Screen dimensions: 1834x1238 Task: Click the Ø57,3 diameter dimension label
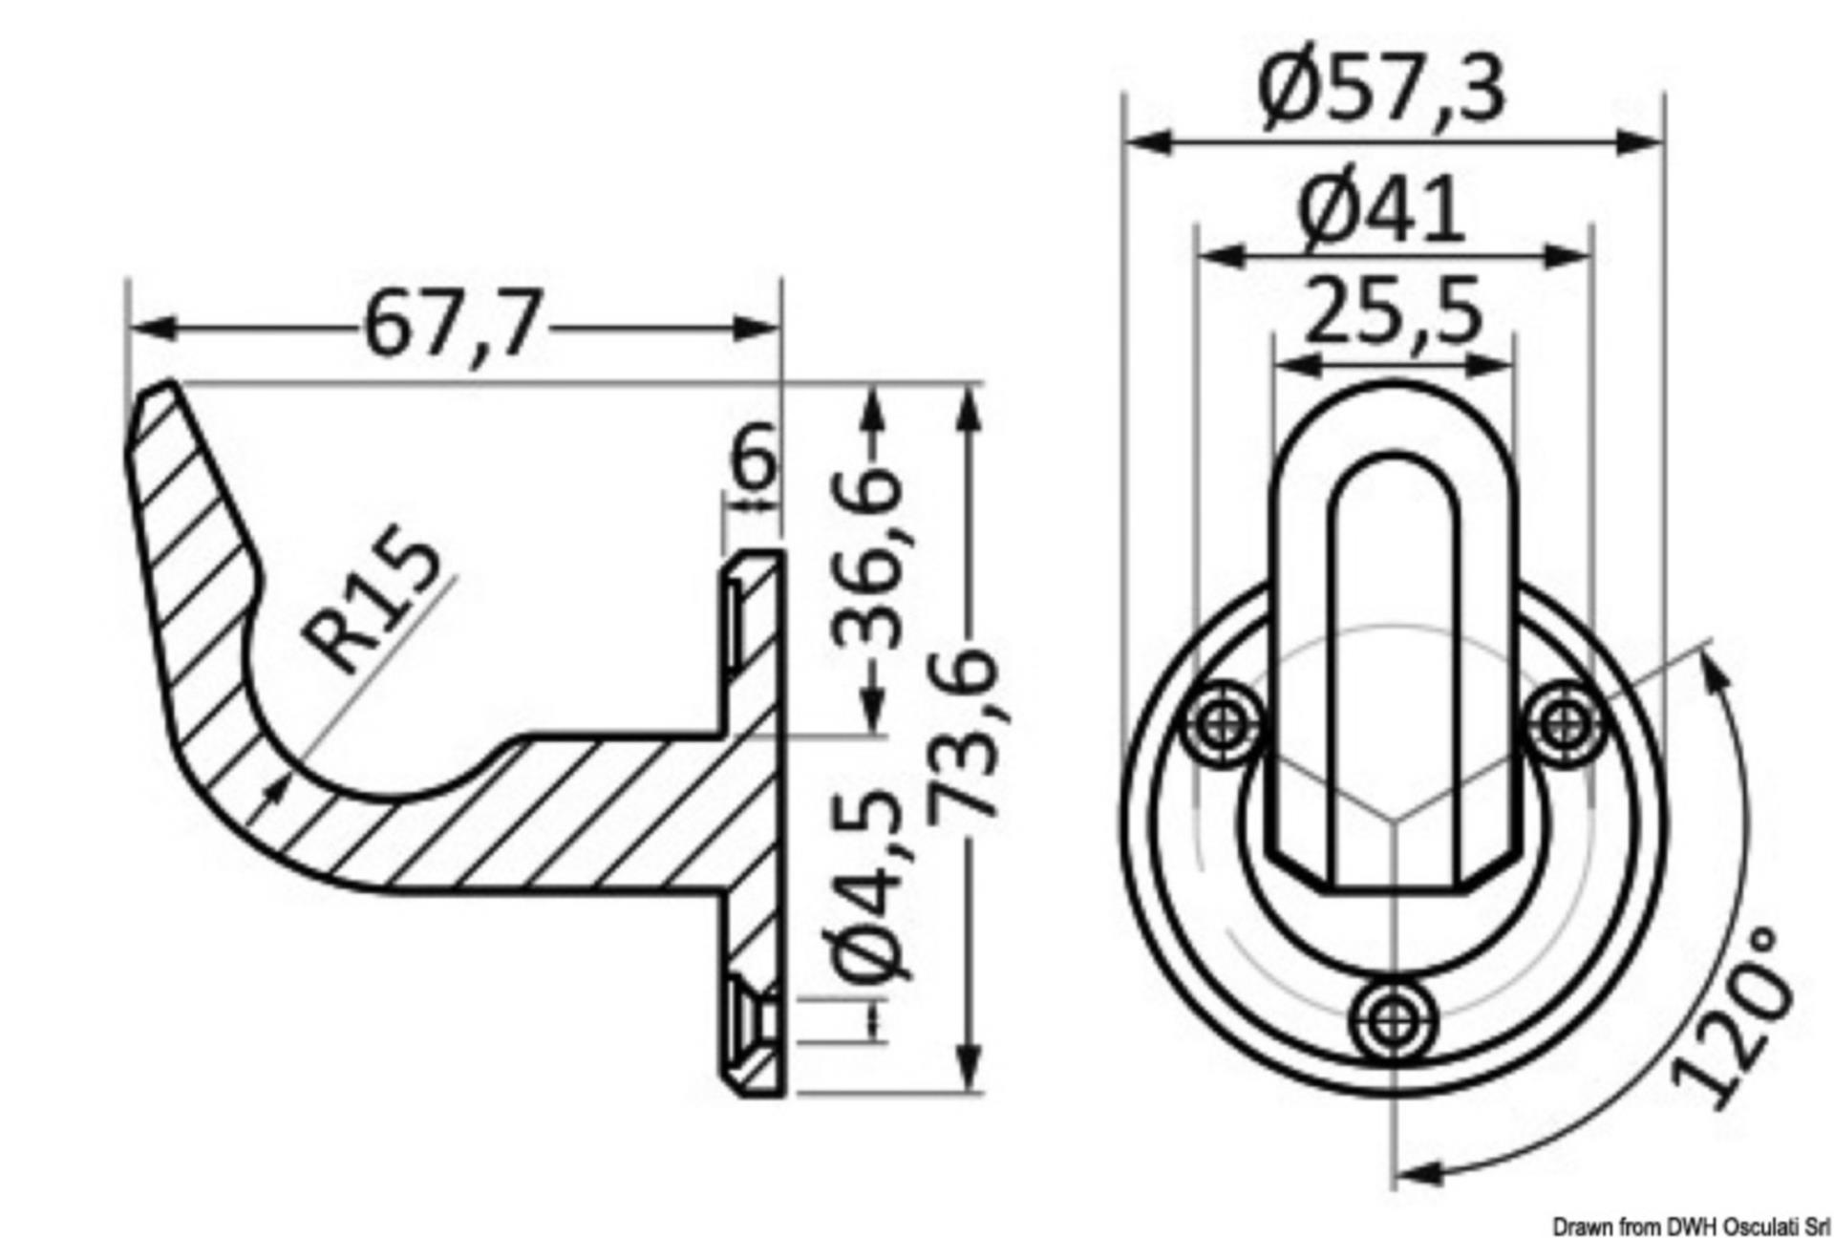(x=1381, y=90)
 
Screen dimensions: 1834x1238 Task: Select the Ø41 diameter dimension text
(x=1381, y=209)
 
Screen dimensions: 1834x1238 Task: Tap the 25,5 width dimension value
(x=1394, y=310)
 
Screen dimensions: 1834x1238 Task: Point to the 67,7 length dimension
(x=454, y=324)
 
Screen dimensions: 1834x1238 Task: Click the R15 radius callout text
(x=373, y=606)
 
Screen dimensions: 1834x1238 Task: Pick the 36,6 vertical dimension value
(x=867, y=559)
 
